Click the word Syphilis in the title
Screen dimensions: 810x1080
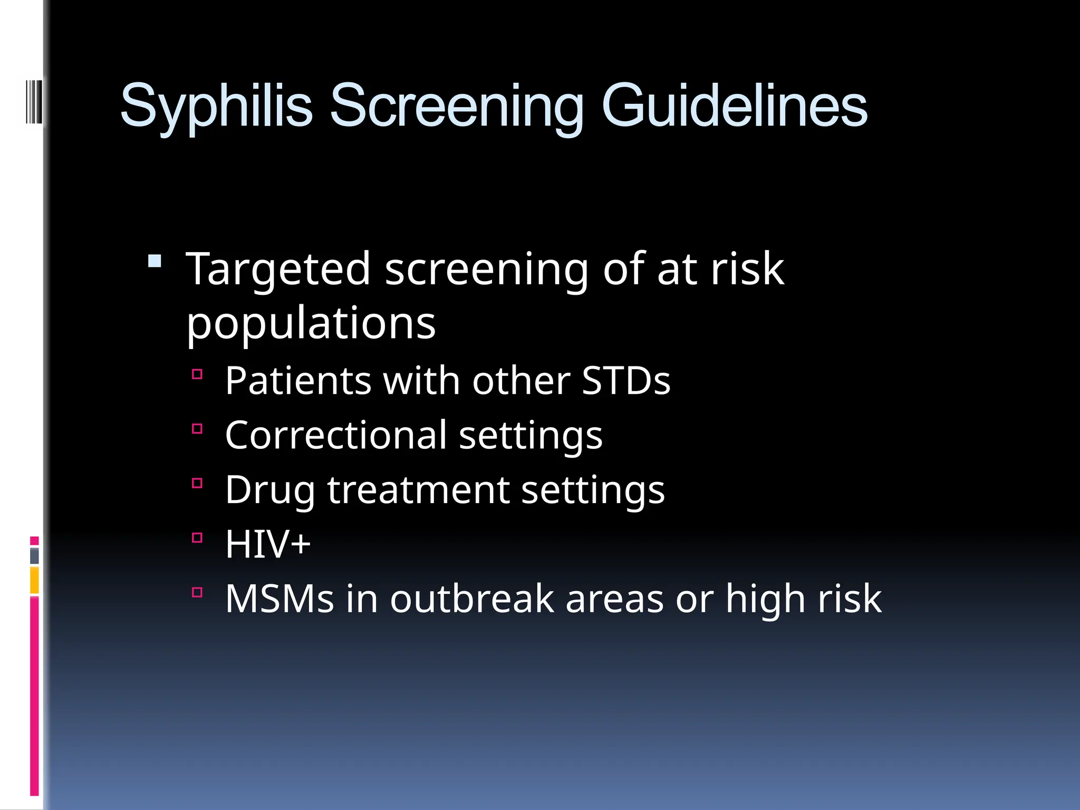click(x=216, y=107)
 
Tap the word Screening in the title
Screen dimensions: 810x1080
click(x=456, y=107)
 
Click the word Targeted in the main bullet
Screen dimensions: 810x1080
click(x=278, y=270)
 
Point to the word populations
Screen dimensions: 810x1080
click(x=311, y=324)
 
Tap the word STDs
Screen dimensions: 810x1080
click(x=625, y=381)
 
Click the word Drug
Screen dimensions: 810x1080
click(x=269, y=490)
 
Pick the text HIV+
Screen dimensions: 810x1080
click(x=268, y=544)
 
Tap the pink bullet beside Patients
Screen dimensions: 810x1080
click(x=197, y=374)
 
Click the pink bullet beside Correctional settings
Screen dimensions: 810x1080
click(x=197, y=429)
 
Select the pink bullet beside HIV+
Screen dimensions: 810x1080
click(x=197, y=538)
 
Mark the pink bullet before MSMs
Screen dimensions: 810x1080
click(x=197, y=592)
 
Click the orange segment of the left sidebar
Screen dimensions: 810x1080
click(x=34, y=580)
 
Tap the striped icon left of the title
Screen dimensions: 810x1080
click(x=34, y=101)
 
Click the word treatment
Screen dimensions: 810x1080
click(x=418, y=490)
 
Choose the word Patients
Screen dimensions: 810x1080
click(x=298, y=381)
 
